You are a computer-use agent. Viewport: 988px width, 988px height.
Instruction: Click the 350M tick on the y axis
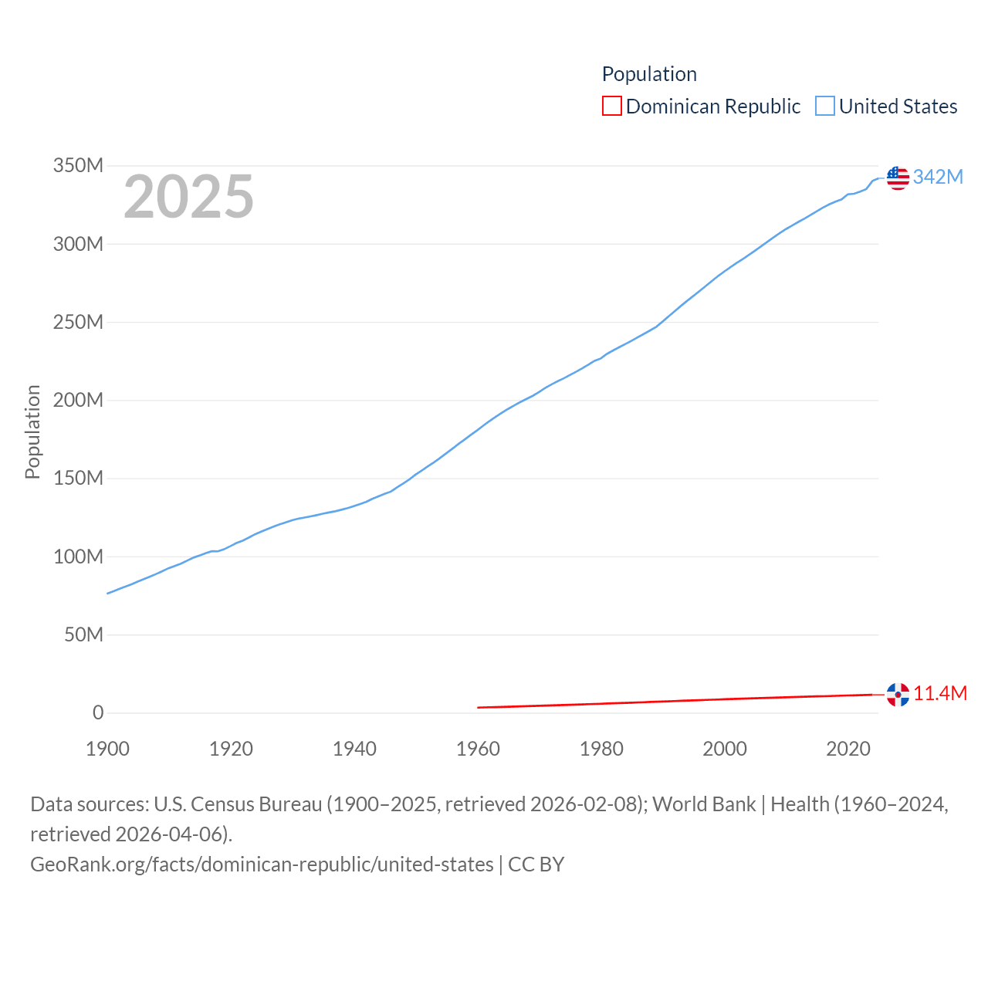click(78, 166)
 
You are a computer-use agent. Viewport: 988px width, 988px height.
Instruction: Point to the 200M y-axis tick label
click(78, 401)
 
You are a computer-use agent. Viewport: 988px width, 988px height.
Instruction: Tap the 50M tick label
click(83, 634)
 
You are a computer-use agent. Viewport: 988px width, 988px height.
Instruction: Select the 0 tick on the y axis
click(98, 713)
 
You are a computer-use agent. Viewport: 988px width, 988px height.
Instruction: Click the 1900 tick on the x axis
click(107, 749)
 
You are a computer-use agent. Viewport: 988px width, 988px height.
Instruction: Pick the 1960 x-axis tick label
click(478, 749)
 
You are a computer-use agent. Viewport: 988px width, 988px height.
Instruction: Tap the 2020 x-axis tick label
click(848, 749)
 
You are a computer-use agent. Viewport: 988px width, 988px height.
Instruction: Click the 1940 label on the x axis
click(354, 749)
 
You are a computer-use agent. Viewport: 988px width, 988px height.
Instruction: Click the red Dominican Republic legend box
click(612, 106)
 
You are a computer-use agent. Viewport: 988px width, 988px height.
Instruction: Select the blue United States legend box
click(825, 106)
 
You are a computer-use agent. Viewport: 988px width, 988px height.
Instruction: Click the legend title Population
click(649, 74)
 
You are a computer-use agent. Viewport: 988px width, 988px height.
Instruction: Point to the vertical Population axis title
click(32, 432)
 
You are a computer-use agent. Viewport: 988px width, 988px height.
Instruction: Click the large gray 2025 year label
click(189, 197)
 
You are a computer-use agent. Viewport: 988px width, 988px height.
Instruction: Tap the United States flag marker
click(898, 178)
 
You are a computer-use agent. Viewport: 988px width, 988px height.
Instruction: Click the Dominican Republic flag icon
click(898, 695)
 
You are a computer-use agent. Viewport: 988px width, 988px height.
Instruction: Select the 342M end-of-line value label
click(938, 177)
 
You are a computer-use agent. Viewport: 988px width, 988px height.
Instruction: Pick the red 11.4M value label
click(940, 693)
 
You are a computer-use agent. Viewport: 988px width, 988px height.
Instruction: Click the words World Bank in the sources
click(704, 804)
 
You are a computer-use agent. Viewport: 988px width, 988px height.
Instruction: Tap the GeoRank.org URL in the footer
click(262, 864)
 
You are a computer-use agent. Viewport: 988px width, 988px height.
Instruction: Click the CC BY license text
click(536, 864)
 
